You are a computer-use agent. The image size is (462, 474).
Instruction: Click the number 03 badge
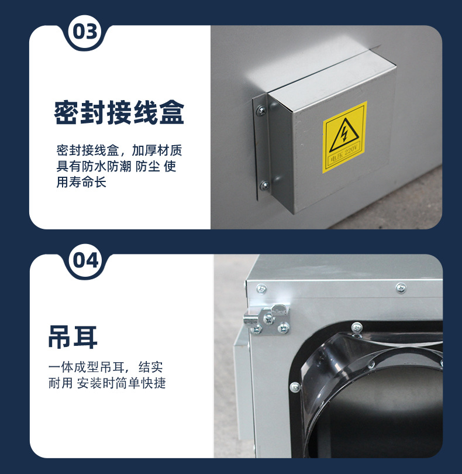click(x=85, y=32)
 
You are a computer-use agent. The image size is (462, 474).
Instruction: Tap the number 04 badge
click(x=85, y=260)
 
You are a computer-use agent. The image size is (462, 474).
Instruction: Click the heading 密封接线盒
click(x=119, y=113)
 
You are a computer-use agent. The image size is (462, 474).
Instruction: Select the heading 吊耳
click(x=73, y=338)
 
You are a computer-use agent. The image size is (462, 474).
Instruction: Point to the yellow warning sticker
click(x=345, y=138)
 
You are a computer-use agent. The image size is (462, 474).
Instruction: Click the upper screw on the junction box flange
click(x=261, y=110)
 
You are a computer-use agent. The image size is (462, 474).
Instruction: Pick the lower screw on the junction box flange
click(x=265, y=185)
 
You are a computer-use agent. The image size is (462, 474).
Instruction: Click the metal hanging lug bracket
click(x=267, y=320)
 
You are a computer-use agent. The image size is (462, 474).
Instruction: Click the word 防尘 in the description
click(x=147, y=166)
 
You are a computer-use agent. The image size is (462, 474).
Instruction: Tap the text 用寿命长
click(x=81, y=182)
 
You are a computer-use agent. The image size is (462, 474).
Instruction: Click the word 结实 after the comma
click(x=151, y=367)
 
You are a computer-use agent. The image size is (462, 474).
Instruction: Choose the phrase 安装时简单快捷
click(x=122, y=383)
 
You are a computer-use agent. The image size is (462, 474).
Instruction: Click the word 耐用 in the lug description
click(x=60, y=383)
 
